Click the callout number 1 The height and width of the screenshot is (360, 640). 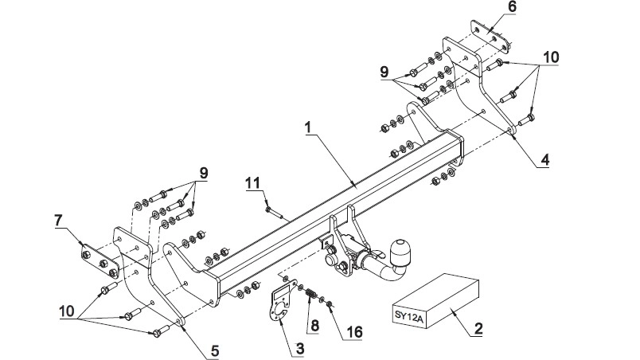pos(308,127)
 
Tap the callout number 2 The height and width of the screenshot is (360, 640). pos(478,329)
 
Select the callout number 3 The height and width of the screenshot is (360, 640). pos(300,349)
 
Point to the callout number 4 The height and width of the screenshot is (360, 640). pos(545,159)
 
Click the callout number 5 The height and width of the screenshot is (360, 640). pos(215,350)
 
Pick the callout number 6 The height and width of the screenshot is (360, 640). pos(512,6)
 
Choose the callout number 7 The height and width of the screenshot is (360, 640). pos(58,221)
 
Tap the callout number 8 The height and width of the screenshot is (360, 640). pos(314,326)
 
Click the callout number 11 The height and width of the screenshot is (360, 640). pos(253,182)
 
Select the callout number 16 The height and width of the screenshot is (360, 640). pos(355,332)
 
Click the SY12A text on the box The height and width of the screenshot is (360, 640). pos(408,315)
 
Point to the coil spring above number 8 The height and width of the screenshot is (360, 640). pos(311,293)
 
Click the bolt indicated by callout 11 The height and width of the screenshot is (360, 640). pos(275,213)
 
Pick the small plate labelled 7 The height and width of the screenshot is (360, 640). pos(100,260)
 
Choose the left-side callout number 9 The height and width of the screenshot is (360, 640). pos(204,173)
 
